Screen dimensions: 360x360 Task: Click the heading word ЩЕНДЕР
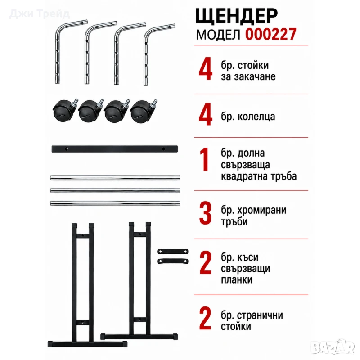tap(237, 16)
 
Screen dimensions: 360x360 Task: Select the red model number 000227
tap(271, 35)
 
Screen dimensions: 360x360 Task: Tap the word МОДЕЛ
tap(218, 35)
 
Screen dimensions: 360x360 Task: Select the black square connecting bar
tap(115, 149)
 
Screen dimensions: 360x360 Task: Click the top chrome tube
tap(115, 178)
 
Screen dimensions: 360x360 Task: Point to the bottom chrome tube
tap(115, 203)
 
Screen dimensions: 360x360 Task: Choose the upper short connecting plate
tap(173, 252)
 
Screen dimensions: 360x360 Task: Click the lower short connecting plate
tap(173, 261)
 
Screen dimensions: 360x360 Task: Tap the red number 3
tap(205, 213)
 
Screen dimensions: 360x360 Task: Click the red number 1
tap(204, 159)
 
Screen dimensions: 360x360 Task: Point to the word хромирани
tap(262, 210)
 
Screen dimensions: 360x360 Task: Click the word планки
tap(237, 280)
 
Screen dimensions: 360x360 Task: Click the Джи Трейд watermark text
tap(39, 14)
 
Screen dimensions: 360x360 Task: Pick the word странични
tap(260, 315)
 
